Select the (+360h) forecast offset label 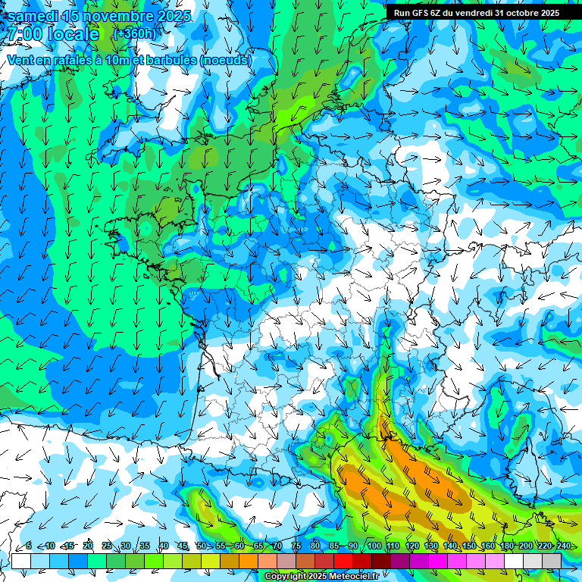click(134, 34)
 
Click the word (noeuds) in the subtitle click(226, 60)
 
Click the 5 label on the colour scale click(29, 546)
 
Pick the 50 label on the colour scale click(202, 546)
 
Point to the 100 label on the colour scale click(374, 546)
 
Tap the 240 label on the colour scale click(563, 546)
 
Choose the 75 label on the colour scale click(296, 546)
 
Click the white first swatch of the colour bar click(21, 561)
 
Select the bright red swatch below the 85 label click(343, 561)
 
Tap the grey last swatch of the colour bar click(552, 561)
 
